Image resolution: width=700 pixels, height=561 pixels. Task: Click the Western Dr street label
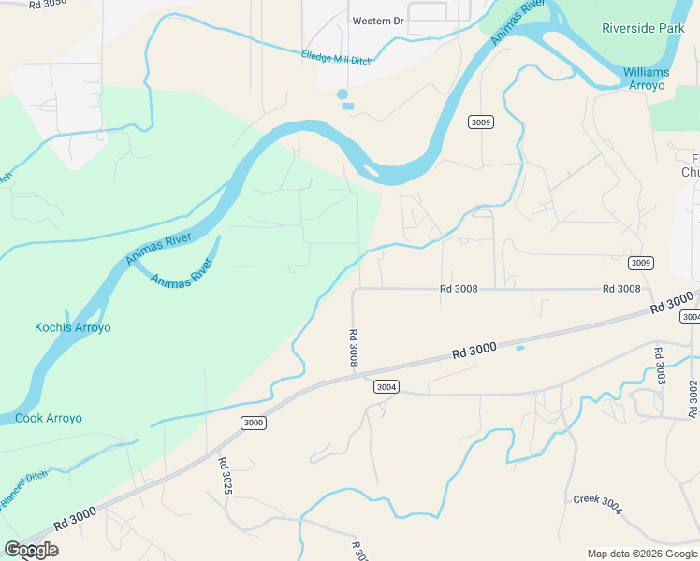click(377, 21)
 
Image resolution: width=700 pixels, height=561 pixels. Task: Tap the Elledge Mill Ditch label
click(337, 58)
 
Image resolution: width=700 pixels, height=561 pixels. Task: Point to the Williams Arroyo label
click(645, 79)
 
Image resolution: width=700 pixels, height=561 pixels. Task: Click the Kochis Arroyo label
click(73, 327)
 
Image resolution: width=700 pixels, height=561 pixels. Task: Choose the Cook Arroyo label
click(49, 418)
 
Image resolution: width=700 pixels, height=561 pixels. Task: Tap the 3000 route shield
click(254, 423)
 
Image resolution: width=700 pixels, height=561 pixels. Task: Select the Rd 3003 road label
click(659, 366)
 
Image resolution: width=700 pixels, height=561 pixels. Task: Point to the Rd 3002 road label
click(693, 398)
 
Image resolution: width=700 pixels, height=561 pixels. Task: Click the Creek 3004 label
click(597, 504)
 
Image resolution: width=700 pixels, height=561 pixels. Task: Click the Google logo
click(31, 550)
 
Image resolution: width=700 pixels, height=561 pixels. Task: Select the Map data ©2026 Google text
click(642, 554)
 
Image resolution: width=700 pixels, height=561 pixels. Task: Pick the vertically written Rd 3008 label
click(354, 347)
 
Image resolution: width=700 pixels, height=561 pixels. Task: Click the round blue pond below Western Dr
click(342, 93)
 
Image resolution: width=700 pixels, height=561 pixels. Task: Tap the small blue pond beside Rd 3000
click(519, 349)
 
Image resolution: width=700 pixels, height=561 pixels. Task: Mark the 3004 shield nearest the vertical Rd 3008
click(386, 386)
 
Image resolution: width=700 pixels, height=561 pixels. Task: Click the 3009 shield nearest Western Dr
click(481, 122)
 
